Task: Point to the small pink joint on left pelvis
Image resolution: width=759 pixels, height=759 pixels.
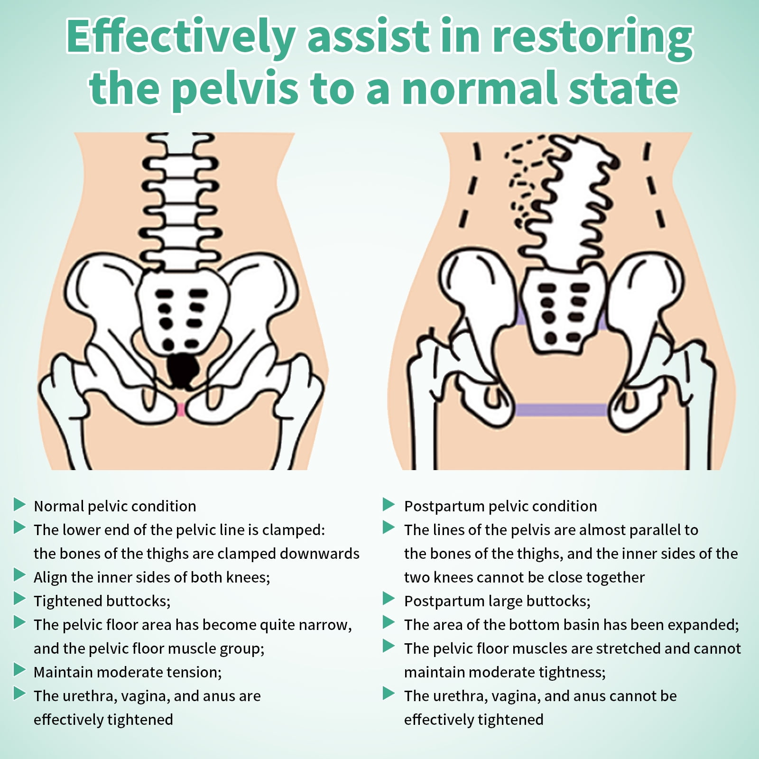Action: pos(181,409)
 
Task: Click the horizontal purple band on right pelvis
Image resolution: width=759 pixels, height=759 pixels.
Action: pos(561,409)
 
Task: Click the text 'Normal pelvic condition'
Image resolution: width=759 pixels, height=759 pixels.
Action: pos(115,506)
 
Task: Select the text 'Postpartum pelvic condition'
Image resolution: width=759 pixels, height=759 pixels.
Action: pos(500,506)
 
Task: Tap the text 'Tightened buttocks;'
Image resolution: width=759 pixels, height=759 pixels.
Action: pos(102,601)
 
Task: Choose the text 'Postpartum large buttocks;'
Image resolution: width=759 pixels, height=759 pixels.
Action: pos(497,601)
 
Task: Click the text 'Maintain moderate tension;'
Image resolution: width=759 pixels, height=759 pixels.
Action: pos(128,672)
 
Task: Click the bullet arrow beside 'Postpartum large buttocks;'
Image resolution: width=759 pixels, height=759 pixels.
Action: pos(389,599)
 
